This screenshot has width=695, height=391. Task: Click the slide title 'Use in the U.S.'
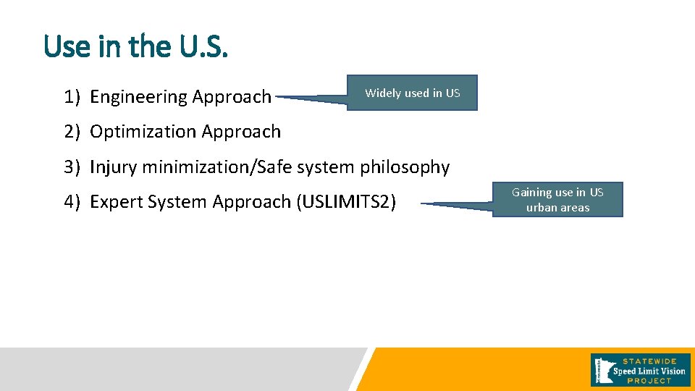pos(135,47)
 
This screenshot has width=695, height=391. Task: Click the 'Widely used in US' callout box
pos(412,93)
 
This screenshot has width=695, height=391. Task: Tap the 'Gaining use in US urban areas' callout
pos(557,200)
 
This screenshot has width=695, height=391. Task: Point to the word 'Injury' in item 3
pos(114,167)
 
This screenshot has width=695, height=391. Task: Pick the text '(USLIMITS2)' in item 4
pos(346,202)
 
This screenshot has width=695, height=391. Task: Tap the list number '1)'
pos(71,97)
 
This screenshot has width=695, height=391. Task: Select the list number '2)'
pos(71,132)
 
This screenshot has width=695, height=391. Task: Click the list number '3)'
pos(71,167)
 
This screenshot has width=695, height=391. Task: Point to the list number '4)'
pos(71,202)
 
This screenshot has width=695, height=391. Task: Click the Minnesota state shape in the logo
pos(601,369)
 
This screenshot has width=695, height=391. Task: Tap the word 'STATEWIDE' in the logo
pos(649,361)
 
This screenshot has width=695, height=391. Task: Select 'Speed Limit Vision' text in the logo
pos(649,371)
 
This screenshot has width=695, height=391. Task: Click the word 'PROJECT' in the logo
pos(649,381)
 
